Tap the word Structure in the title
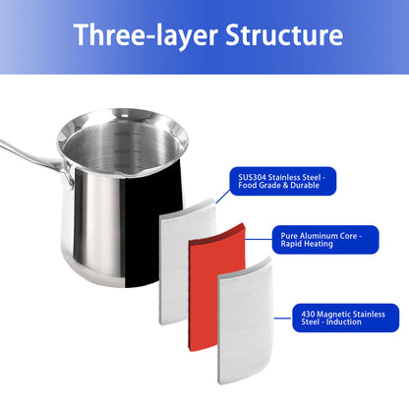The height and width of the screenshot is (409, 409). pos(284,34)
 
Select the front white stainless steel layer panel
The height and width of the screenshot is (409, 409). pos(245,321)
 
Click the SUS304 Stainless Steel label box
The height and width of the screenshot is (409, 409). pos(283,181)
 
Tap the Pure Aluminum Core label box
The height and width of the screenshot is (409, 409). pos(325,240)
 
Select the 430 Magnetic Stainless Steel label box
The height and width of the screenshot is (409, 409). pos(346,318)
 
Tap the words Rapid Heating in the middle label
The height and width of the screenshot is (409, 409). pos(307,244)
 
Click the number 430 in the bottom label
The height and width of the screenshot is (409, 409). pos(308,314)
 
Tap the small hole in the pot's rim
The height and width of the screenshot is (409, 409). pos(125,115)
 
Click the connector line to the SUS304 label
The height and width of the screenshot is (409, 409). pos(223,196)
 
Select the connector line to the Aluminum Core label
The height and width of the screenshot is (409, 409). pos(259,239)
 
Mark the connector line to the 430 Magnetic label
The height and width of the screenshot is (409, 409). pos(282,318)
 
